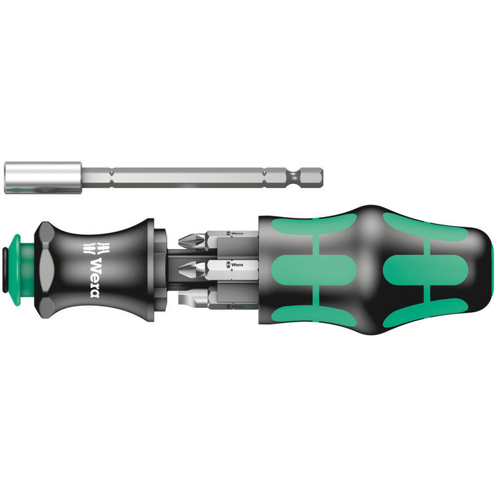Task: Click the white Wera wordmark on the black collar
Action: [x=99, y=274]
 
